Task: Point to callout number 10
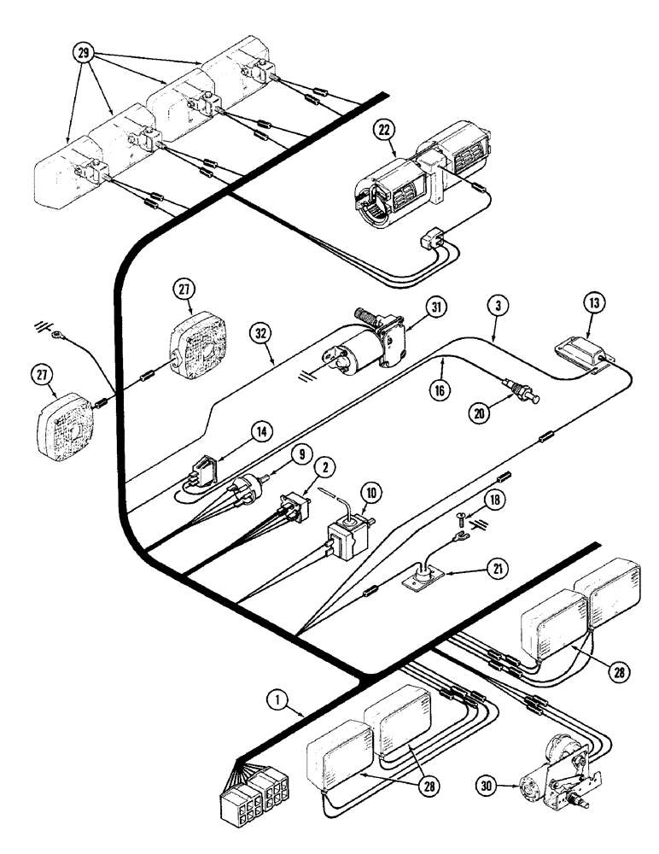pyautogui.click(x=372, y=494)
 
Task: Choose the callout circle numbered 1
pyautogui.click(x=276, y=700)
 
